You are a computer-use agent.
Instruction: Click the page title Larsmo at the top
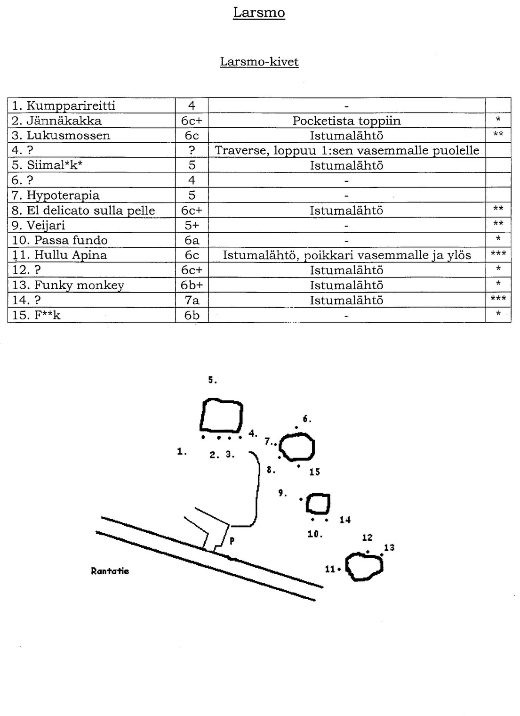[x=259, y=13]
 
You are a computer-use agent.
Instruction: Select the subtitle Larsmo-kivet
[x=259, y=62]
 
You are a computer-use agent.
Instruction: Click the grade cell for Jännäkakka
[x=192, y=121]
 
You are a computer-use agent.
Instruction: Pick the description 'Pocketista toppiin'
[x=346, y=121]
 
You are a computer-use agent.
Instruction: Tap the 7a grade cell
[x=192, y=300]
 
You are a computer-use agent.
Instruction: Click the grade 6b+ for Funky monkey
[x=192, y=285]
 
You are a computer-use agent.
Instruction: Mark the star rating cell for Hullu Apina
[x=498, y=255]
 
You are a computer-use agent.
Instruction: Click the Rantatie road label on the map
[x=110, y=571]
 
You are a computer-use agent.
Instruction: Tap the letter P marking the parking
[x=232, y=542]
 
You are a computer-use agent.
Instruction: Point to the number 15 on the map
[x=314, y=472]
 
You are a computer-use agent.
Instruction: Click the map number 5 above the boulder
[x=212, y=380]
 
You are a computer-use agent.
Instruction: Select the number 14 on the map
[x=345, y=520]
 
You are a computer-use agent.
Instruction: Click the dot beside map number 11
[x=339, y=570]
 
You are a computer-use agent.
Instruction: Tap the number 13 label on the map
[x=389, y=548]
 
